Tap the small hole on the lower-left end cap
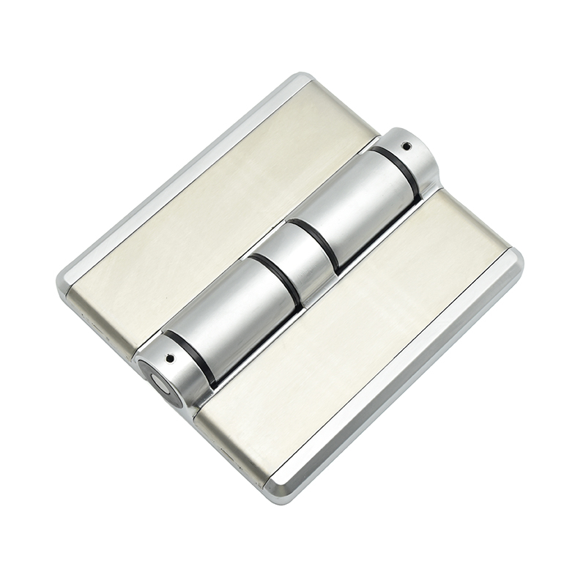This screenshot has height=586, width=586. click(171, 360)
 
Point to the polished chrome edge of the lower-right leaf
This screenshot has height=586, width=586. click(410, 381)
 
